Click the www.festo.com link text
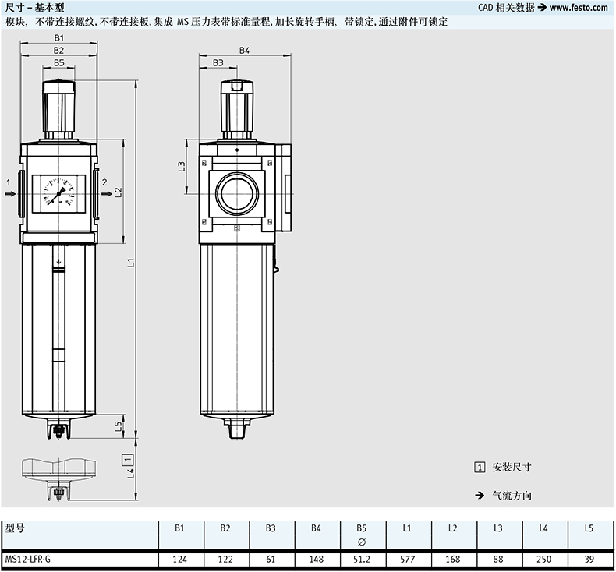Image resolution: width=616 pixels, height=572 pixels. pos(579,8)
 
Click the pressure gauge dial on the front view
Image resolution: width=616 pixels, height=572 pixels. pos(58,192)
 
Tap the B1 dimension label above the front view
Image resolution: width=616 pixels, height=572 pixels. pos(59,37)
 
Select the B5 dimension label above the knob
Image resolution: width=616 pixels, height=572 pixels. pos(59,63)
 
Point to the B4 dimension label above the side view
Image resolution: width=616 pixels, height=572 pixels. pos(244,50)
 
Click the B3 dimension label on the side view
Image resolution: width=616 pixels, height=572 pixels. pos(218,63)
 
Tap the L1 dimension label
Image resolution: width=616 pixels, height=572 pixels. pos(131,263)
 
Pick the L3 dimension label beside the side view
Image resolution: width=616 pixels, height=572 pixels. pos(181,167)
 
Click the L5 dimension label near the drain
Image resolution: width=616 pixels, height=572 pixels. pos(119,426)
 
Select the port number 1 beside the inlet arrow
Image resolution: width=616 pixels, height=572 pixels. pos(9,182)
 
